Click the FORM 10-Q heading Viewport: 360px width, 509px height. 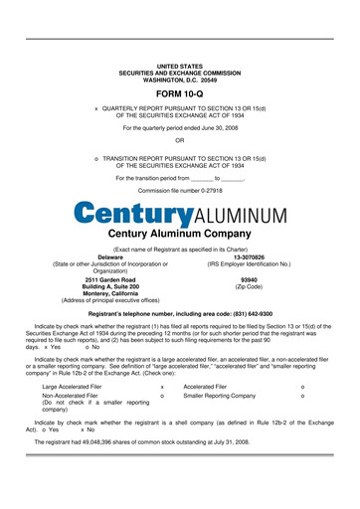point(179,91)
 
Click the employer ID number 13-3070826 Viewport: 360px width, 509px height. point(249,256)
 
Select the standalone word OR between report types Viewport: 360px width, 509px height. point(179,140)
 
